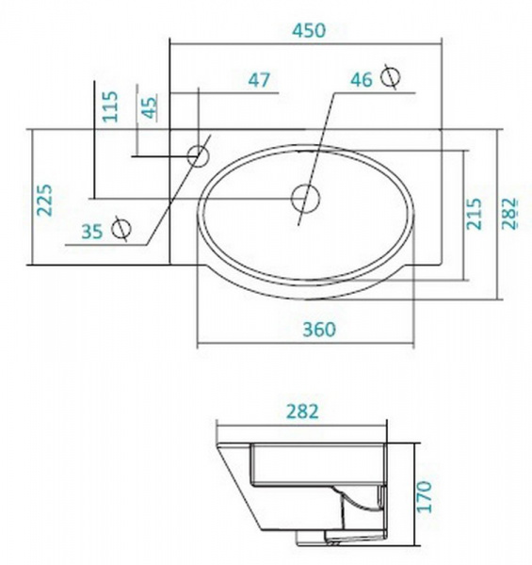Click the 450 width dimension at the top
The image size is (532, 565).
click(305, 29)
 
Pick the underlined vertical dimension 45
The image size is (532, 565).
click(148, 107)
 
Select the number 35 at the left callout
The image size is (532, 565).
click(92, 230)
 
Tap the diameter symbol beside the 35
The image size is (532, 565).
click(121, 228)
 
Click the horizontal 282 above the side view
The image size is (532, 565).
click(300, 412)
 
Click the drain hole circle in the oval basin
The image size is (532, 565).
click(303, 198)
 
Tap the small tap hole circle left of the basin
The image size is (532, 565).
click(199, 153)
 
